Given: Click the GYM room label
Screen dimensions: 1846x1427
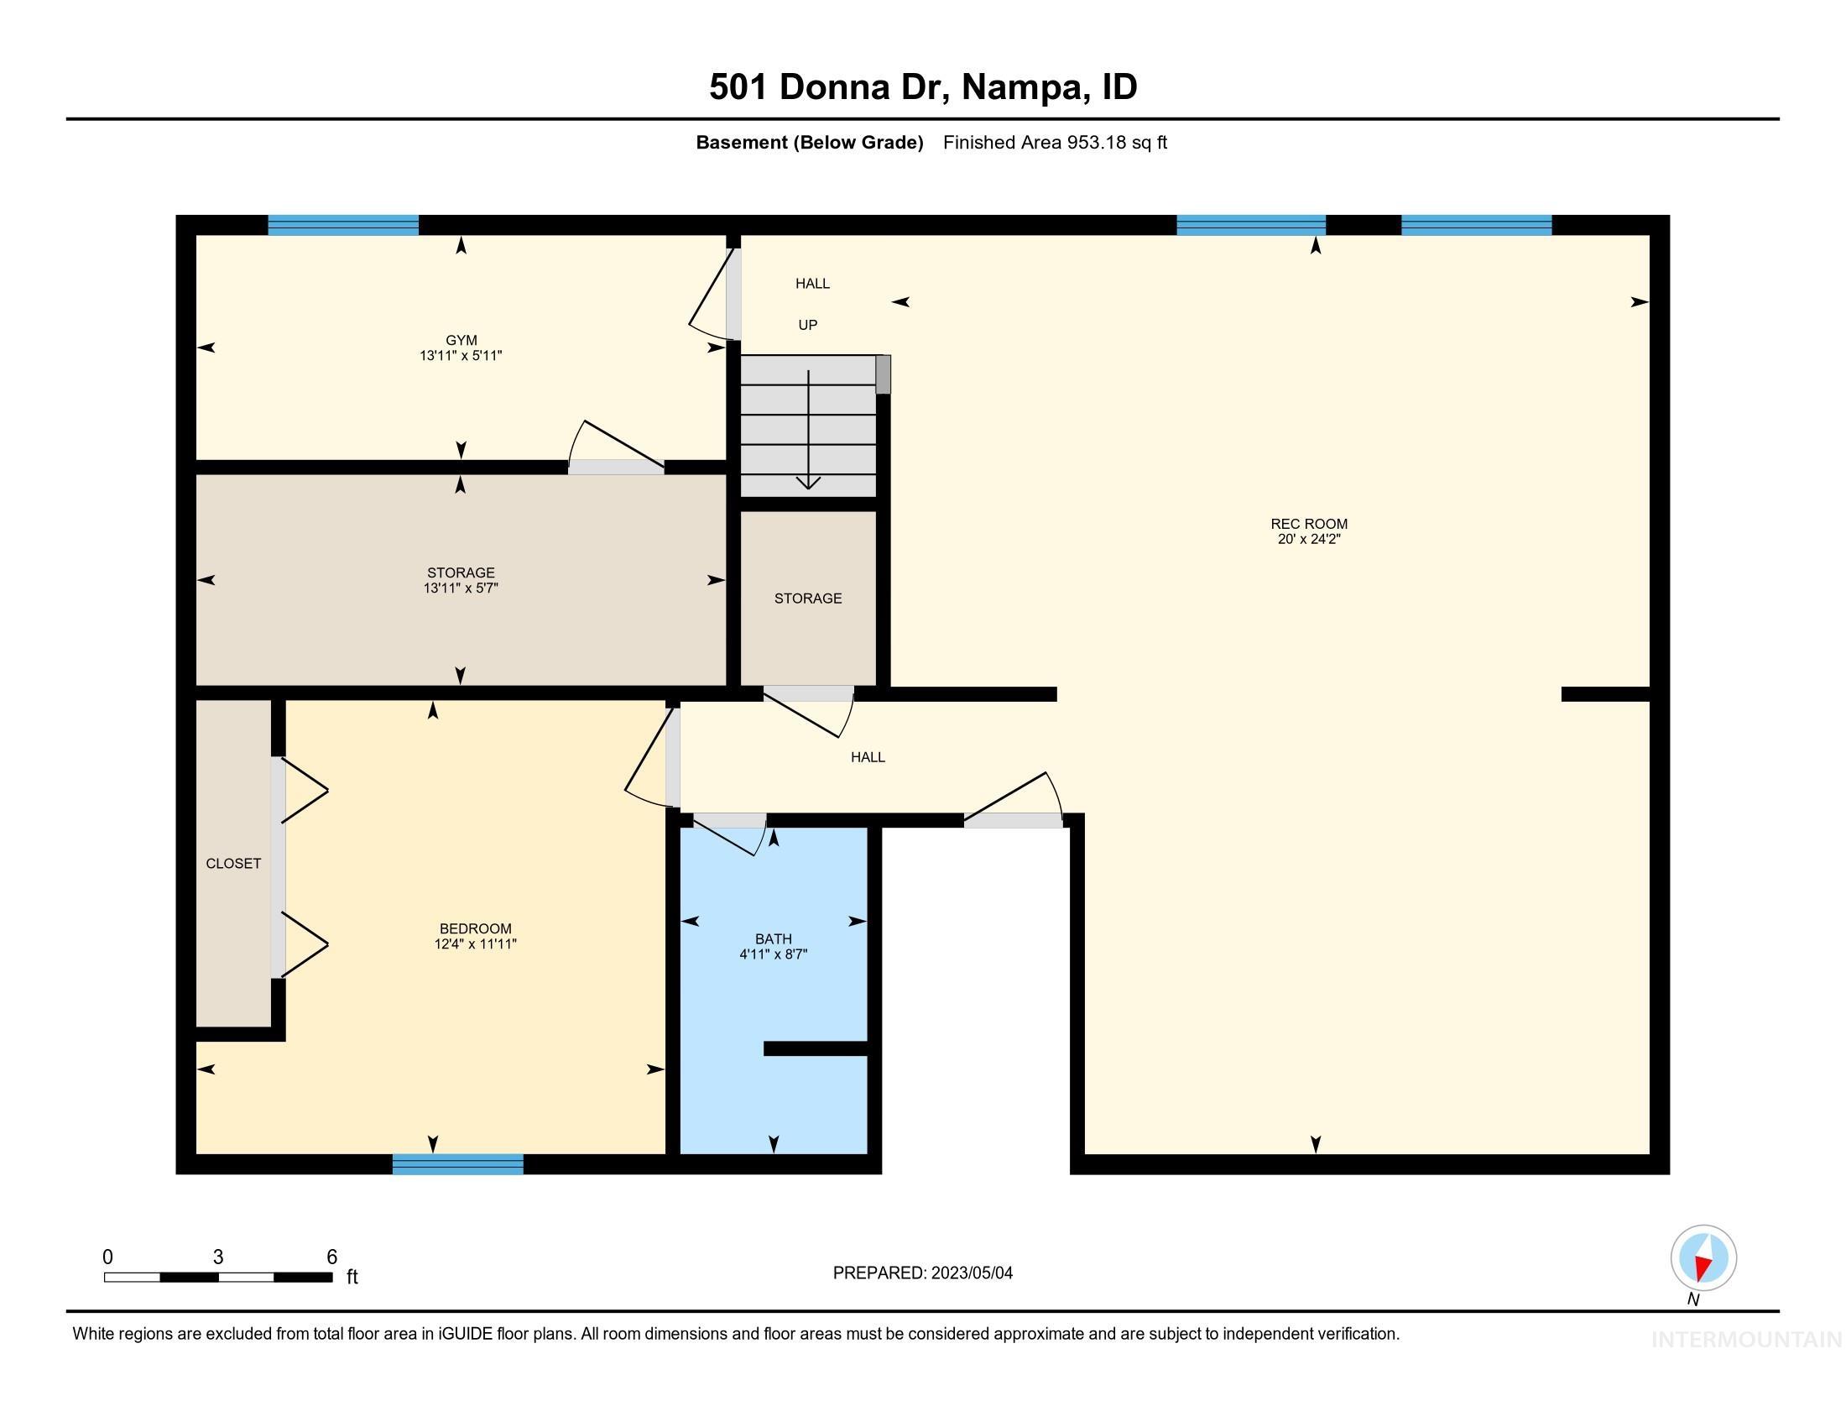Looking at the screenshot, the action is pos(461,341).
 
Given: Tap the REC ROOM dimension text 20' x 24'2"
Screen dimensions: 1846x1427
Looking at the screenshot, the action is pos(1308,540).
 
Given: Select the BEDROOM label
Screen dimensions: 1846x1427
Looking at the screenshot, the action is pos(475,928).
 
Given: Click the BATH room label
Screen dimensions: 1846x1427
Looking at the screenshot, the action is pos(774,938).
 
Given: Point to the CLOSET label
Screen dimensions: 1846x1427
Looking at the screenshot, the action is pos(233,863).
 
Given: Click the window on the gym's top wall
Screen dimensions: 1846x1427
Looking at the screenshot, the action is pos(343,225).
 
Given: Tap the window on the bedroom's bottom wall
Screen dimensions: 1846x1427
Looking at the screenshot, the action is pos(457,1164).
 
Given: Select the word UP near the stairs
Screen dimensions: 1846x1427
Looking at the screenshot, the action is pos(808,325).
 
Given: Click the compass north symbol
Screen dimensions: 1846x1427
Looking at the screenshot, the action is pos(1703,1258).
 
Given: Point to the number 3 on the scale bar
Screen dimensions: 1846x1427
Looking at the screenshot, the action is pos(218,1257).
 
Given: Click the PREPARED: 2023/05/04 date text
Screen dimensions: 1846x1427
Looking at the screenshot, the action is pos(922,1273).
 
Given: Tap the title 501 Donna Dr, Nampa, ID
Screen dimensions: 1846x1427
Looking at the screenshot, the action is pos(923,86).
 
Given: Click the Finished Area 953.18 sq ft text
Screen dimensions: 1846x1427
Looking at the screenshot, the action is pos(1055,142).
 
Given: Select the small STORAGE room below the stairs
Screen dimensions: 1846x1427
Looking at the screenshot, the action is pos(808,599).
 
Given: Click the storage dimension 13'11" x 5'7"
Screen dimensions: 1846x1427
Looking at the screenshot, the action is pos(461,588).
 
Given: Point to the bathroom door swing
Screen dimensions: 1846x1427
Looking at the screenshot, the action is pos(730,835).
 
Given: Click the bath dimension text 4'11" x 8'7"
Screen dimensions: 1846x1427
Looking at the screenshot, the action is pos(774,954).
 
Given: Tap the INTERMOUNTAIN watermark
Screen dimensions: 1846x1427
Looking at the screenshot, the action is pos(1746,1340).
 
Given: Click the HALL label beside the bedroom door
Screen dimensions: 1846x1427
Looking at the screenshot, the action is pos(868,757).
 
